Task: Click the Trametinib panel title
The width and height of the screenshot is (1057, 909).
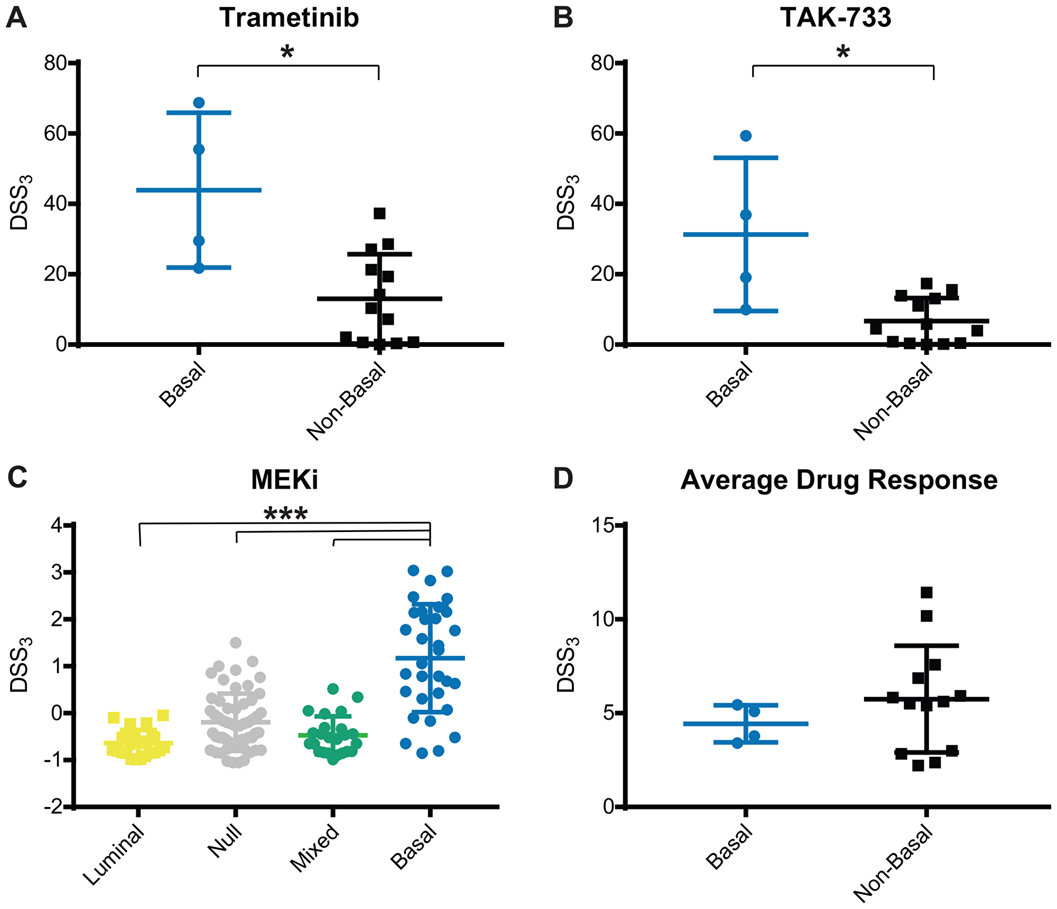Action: pyautogui.click(x=289, y=18)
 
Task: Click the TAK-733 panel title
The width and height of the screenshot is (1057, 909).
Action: pyautogui.click(x=836, y=18)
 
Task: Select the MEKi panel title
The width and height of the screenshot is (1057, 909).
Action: pyautogui.click(x=285, y=480)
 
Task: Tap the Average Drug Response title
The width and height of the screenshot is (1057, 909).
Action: pyautogui.click(x=839, y=480)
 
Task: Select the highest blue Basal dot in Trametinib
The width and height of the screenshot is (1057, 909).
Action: pyautogui.click(x=199, y=102)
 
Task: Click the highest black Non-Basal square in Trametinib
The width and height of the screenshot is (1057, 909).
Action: pyautogui.click(x=379, y=213)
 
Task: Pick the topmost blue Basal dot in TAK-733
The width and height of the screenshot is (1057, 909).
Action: pyautogui.click(x=746, y=135)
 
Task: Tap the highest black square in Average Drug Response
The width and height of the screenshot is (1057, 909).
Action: pyautogui.click(x=926, y=592)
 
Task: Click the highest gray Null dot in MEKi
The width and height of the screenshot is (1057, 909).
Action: pyautogui.click(x=236, y=642)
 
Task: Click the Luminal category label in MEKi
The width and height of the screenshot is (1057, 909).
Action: pyautogui.click(x=114, y=855)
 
